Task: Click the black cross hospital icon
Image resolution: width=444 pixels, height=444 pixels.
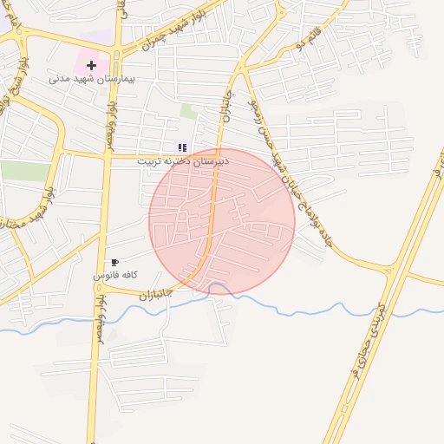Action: pyautogui.click(x=91, y=65)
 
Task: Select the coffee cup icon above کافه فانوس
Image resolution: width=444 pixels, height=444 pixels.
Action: pyautogui.click(x=115, y=262)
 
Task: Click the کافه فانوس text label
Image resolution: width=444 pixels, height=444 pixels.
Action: pyautogui.click(x=116, y=275)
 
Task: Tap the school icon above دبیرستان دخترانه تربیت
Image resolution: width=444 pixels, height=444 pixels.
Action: pyautogui.click(x=181, y=147)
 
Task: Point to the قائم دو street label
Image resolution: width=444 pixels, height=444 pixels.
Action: pyautogui.click(x=310, y=38)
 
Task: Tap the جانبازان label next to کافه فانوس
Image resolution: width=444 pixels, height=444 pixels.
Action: pyautogui.click(x=157, y=294)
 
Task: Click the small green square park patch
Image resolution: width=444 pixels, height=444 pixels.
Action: pyautogui.click(x=188, y=111)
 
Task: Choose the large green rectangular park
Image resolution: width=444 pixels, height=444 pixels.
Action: pyautogui.click(x=24, y=171)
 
